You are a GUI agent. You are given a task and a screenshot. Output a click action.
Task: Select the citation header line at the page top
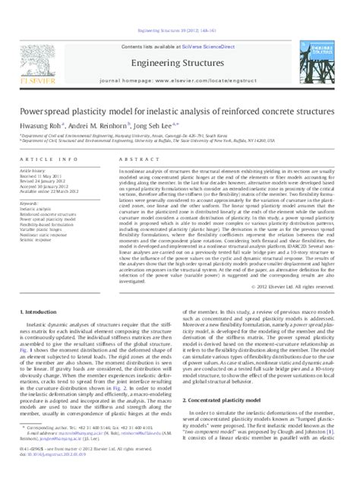[x=179, y=10]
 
